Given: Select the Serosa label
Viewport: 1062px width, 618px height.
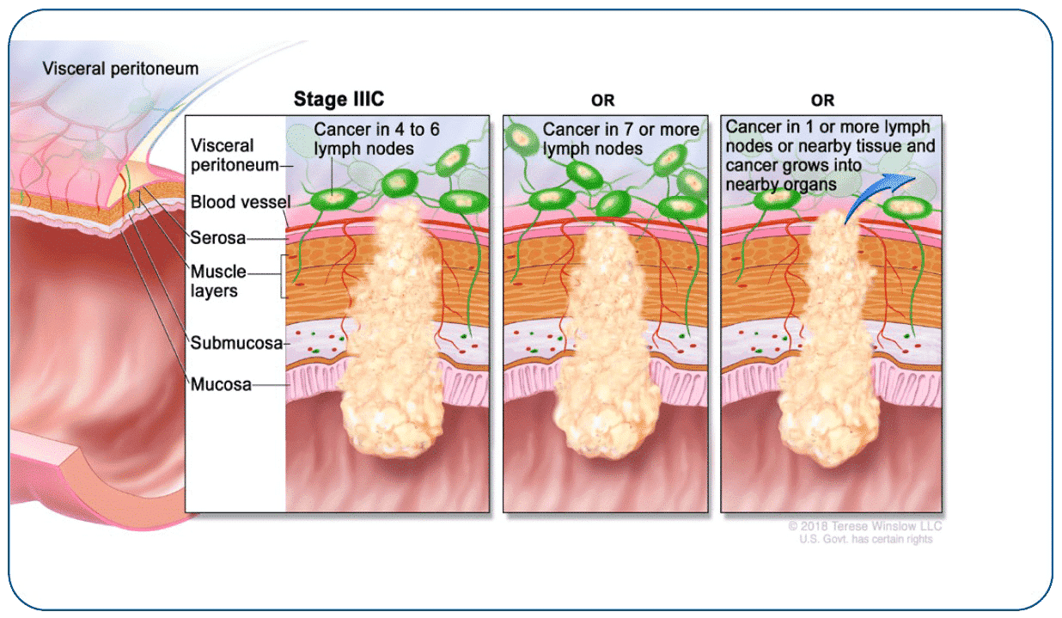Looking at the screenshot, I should [x=218, y=238].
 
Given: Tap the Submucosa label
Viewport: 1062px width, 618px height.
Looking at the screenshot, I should [x=236, y=343].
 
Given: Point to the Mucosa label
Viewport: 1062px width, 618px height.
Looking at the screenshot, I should [x=221, y=384].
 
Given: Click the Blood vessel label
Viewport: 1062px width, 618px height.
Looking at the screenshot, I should [x=240, y=203].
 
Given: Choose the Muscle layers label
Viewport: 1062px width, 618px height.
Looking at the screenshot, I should [x=217, y=281].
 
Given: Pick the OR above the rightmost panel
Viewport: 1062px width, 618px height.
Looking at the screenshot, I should [x=822, y=101].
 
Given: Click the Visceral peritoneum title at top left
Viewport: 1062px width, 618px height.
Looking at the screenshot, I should [x=120, y=69].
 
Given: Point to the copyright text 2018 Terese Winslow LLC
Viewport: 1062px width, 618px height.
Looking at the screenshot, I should [x=864, y=526].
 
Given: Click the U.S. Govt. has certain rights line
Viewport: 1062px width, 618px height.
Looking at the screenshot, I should [x=864, y=539].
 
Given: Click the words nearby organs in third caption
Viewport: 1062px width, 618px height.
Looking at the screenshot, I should [x=781, y=184].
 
